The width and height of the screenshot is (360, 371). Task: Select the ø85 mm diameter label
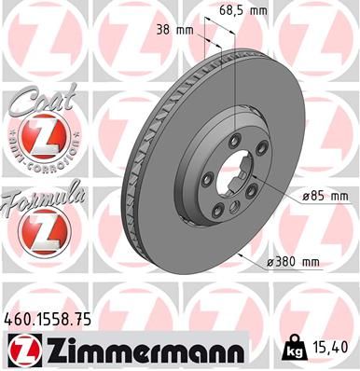[324, 196]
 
